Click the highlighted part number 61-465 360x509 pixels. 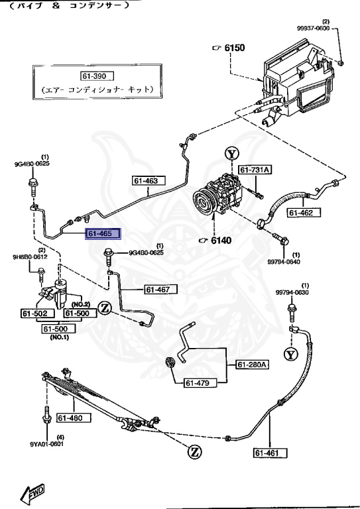[x=101, y=233]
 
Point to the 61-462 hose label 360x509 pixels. [x=304, y=213]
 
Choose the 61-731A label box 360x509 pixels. [x=255, y=170]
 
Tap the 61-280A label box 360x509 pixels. [x=253, y=365]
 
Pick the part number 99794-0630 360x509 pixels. [x=292, y=293]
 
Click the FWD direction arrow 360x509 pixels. [x=32, y=493]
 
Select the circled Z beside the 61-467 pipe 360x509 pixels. [x=104, y=307]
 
